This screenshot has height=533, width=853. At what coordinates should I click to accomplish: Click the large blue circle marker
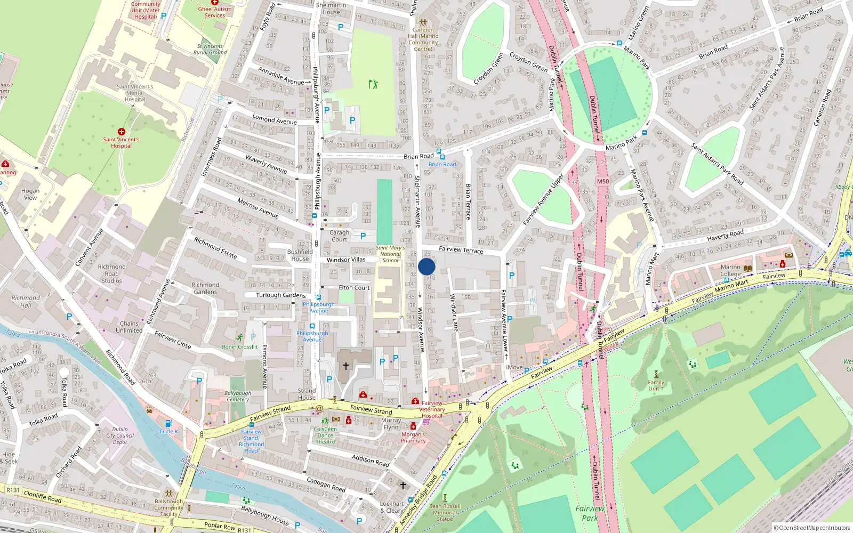click(x=426, y=266)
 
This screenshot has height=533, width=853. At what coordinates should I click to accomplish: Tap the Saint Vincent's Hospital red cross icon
click(x=122, y=132)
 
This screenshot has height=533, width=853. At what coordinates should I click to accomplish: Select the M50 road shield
click(x=603, y=181)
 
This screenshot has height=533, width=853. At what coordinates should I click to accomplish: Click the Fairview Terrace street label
click(x=461, y=250)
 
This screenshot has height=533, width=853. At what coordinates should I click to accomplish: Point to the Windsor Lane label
click(x=454, y=312)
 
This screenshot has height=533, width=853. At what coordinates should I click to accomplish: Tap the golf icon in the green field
click(x=373, y=84)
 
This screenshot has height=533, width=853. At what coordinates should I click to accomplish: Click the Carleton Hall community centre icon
click(x=423, y=23)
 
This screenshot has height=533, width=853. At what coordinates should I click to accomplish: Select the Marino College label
click(x=730, y=270)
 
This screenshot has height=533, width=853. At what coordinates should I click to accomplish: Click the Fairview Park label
click(x=590, y=513)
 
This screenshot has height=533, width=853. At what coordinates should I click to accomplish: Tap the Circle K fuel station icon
click(x=168, y=424)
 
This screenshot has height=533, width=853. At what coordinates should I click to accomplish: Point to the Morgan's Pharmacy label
click(x=413, y=438)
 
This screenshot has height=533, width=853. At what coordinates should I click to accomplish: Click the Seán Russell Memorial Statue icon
click(x=445, y=497)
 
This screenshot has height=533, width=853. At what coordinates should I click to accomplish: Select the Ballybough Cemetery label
click(x=238, y=396)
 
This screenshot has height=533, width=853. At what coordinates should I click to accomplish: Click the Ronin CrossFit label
click(x=240, y=346)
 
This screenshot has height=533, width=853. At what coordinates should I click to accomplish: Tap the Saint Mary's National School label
click(x=390, y=254)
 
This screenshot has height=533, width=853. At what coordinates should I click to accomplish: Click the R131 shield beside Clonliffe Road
click(x=13, y=490)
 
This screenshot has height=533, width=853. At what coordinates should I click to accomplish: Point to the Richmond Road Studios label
click(x=112, y=273)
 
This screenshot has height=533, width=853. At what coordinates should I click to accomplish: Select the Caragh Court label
click(x=339, y=236)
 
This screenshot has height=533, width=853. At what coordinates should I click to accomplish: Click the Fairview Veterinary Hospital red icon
click(x=415, y=401)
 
